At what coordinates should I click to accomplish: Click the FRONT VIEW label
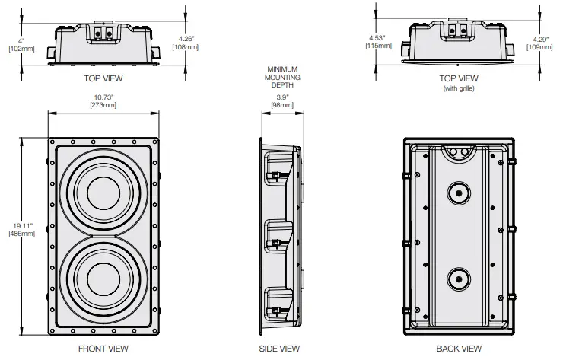[x=103, y=349]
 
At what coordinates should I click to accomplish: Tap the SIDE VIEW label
[x=279, y=349]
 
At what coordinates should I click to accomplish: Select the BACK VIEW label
[x=458, y=349]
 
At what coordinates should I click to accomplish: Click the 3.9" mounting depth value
[x=281, y=98]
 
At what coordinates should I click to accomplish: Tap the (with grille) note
[x=459, y=88]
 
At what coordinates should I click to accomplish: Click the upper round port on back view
[x=458, y=193]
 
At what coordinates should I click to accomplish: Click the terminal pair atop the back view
[x=458, y=152]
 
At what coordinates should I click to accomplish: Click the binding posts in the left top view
[x=103, y=33]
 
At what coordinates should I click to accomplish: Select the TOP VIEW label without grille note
[x=103, y=78]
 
